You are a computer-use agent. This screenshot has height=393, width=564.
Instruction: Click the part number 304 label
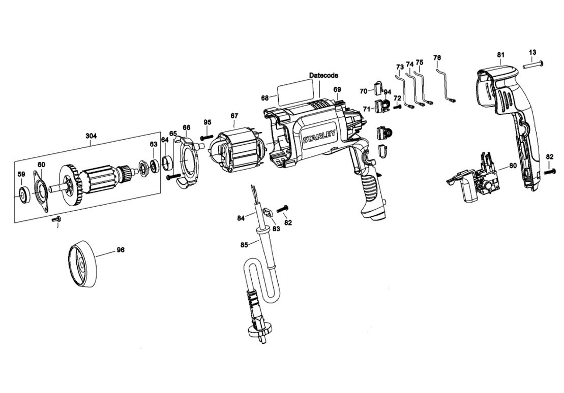[91, 136]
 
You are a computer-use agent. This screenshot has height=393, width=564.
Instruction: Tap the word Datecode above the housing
[323, 75]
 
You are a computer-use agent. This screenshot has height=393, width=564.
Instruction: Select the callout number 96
[121, 250]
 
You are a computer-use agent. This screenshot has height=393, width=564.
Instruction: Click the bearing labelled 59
[23, 193]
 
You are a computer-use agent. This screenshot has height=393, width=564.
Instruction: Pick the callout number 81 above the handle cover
[500, 54]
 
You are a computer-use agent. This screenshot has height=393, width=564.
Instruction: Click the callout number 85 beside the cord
[244, 245]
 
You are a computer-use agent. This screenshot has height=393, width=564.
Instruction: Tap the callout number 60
[41, 164]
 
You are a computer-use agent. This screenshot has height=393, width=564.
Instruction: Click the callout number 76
[437, 58]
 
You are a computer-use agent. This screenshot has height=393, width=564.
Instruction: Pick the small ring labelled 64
[167, 163]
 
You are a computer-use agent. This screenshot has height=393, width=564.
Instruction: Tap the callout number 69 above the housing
[337, 90]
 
